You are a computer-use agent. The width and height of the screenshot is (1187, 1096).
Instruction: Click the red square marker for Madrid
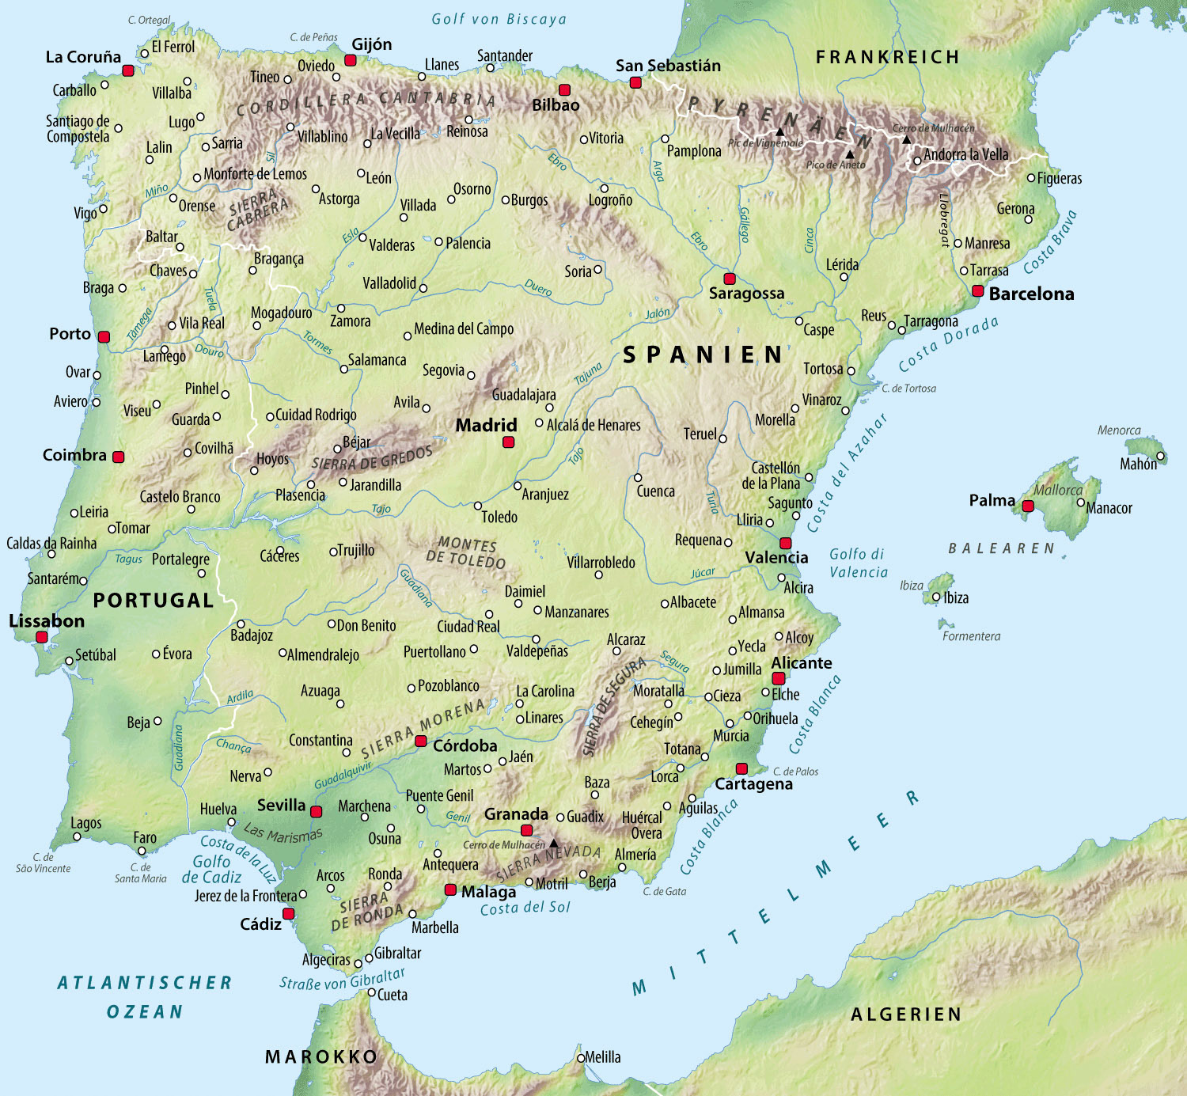(x=509, y=442)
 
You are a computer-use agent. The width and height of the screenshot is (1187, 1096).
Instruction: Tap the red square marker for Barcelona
(x=978, y=291)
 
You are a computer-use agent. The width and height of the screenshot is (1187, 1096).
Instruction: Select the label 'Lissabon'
(x=47, y=621)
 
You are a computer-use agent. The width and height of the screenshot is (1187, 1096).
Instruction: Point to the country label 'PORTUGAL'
(x=154, y=601)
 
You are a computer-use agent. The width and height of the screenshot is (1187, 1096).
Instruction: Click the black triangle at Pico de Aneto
(x=850, y=154)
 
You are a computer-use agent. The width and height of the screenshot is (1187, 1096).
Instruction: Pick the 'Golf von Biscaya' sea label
(x=499, y=19)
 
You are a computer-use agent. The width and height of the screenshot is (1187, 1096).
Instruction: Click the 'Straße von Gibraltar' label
(x=342, y=979)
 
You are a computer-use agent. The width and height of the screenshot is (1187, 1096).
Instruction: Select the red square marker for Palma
(x=1028, y=506)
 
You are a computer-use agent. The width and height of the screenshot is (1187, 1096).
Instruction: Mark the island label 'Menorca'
(x=1119, y=430)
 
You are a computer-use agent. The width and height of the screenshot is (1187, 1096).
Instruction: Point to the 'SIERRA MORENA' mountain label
(x=423, y=727)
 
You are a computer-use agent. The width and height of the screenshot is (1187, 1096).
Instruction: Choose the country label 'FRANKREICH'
(x=887, y=57)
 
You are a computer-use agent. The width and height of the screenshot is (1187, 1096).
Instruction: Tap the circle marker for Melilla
(x=581, y=1058)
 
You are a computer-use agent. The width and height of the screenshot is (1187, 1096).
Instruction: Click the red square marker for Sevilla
(x=317, y=812)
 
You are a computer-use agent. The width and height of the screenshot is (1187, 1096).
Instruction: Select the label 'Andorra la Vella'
(x=966, y=154)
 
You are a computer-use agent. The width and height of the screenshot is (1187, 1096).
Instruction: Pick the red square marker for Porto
(x=104, y=337)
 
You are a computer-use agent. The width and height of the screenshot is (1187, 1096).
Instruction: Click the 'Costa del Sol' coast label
(x=525, y=908)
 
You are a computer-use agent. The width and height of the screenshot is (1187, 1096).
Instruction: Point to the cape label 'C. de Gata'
(x=664, y=891)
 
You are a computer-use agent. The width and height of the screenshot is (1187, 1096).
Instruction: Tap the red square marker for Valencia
(x=785, y=543)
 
